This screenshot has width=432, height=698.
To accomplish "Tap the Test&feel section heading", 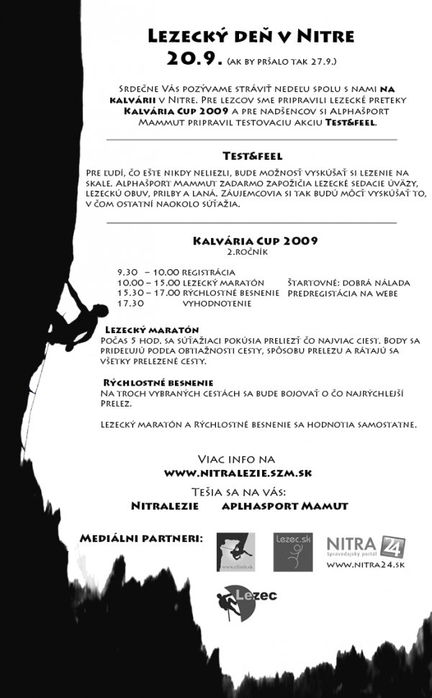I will point(252,155).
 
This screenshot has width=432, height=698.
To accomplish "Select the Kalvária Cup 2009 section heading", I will point(255,241).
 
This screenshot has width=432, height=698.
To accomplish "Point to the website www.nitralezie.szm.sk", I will point(238,473).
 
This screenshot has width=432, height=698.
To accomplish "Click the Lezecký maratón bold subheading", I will point(151,329).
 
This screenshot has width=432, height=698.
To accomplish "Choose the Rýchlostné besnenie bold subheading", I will point(158,382).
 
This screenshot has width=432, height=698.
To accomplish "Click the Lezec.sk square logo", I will point(292,552).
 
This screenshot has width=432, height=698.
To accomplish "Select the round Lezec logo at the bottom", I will point(235,602).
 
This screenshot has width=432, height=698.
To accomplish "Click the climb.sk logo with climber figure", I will point(235,552).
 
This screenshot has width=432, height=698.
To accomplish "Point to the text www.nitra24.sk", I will point(365,566).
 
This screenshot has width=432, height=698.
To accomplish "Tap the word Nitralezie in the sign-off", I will point(165,506).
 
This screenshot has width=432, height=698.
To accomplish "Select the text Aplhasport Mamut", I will point(284,506).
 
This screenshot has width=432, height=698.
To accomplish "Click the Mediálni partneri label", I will point(141,538).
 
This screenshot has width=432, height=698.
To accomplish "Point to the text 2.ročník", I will point(246,253).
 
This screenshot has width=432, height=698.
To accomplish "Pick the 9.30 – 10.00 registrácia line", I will point(176,272).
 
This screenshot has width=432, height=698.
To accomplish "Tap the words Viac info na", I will point(236,459).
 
